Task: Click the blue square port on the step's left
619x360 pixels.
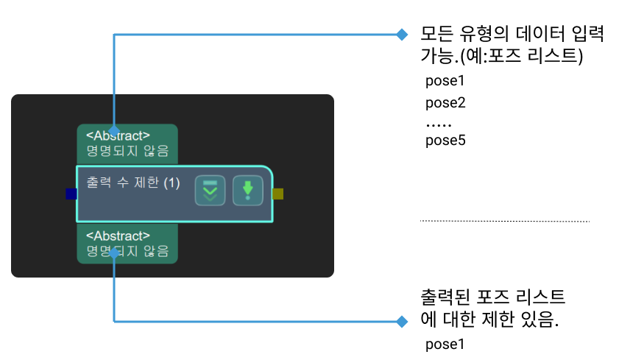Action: coord(71,194)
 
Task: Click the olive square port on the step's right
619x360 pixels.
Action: coord(277,194)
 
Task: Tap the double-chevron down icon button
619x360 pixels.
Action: coord(210,191)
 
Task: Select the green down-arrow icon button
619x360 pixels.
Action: coord(247,191)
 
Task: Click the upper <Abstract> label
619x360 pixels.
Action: coord(118,135)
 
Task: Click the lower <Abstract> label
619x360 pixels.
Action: coord(118,236)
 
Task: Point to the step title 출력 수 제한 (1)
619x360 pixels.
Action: coord(133,182)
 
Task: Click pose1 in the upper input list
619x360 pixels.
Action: coord(445,82)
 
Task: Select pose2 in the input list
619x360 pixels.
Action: coord(445,102)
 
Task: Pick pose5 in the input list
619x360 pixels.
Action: coord(445,140)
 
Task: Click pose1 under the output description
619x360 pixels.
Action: coord(445,344)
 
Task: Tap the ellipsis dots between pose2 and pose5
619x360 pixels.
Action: coord(439,124)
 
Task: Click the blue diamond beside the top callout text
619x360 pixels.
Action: coord(401,35)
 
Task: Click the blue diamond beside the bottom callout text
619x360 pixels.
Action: coord(401,321)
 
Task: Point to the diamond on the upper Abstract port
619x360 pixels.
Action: coord(114,129)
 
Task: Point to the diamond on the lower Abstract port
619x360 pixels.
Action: coord(114,253)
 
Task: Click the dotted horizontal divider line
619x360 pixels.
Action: coord(504,221)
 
